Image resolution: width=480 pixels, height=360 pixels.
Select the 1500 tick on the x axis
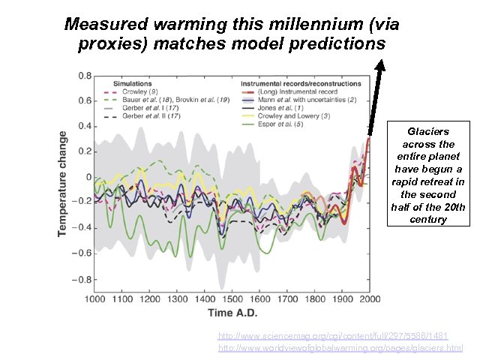(x=232, y=298)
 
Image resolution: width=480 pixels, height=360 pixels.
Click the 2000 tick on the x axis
(x=370, y=298)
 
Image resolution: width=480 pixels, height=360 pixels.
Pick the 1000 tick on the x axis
(x=94, y=298)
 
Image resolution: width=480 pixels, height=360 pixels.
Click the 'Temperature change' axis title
(x=63, y=184)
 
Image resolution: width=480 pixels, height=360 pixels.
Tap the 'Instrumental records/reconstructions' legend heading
(x=301, y=83)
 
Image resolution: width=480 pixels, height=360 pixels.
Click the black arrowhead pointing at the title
(x=379, y=65)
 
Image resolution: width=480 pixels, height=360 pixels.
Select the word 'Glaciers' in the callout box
(x=427, y=130)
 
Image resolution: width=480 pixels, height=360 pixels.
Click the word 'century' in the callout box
(x=427, y=220)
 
